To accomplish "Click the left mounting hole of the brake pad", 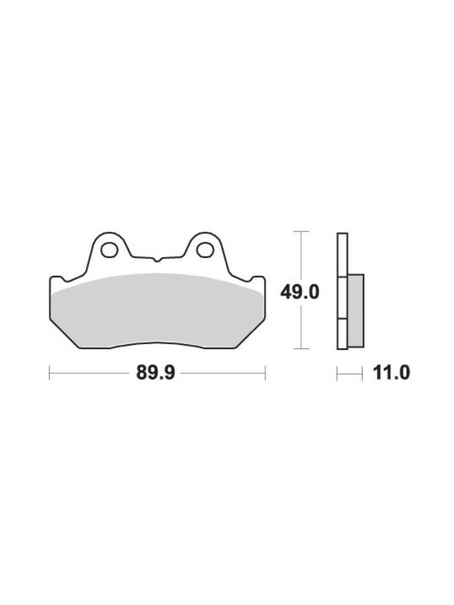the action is [x=109, y=250].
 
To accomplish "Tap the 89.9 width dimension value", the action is [x=156, y=373].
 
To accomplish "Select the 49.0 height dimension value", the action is [x=300, y=292].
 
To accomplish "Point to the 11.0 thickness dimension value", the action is [x=391, y=373].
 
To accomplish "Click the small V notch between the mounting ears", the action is [x=156, y=260].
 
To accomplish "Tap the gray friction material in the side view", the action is [x=356, y=310].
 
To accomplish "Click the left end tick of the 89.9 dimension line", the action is [x=50, y=373].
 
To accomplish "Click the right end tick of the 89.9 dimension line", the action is [x=265, y=373].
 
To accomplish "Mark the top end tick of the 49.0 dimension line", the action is [x=301, y=232].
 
